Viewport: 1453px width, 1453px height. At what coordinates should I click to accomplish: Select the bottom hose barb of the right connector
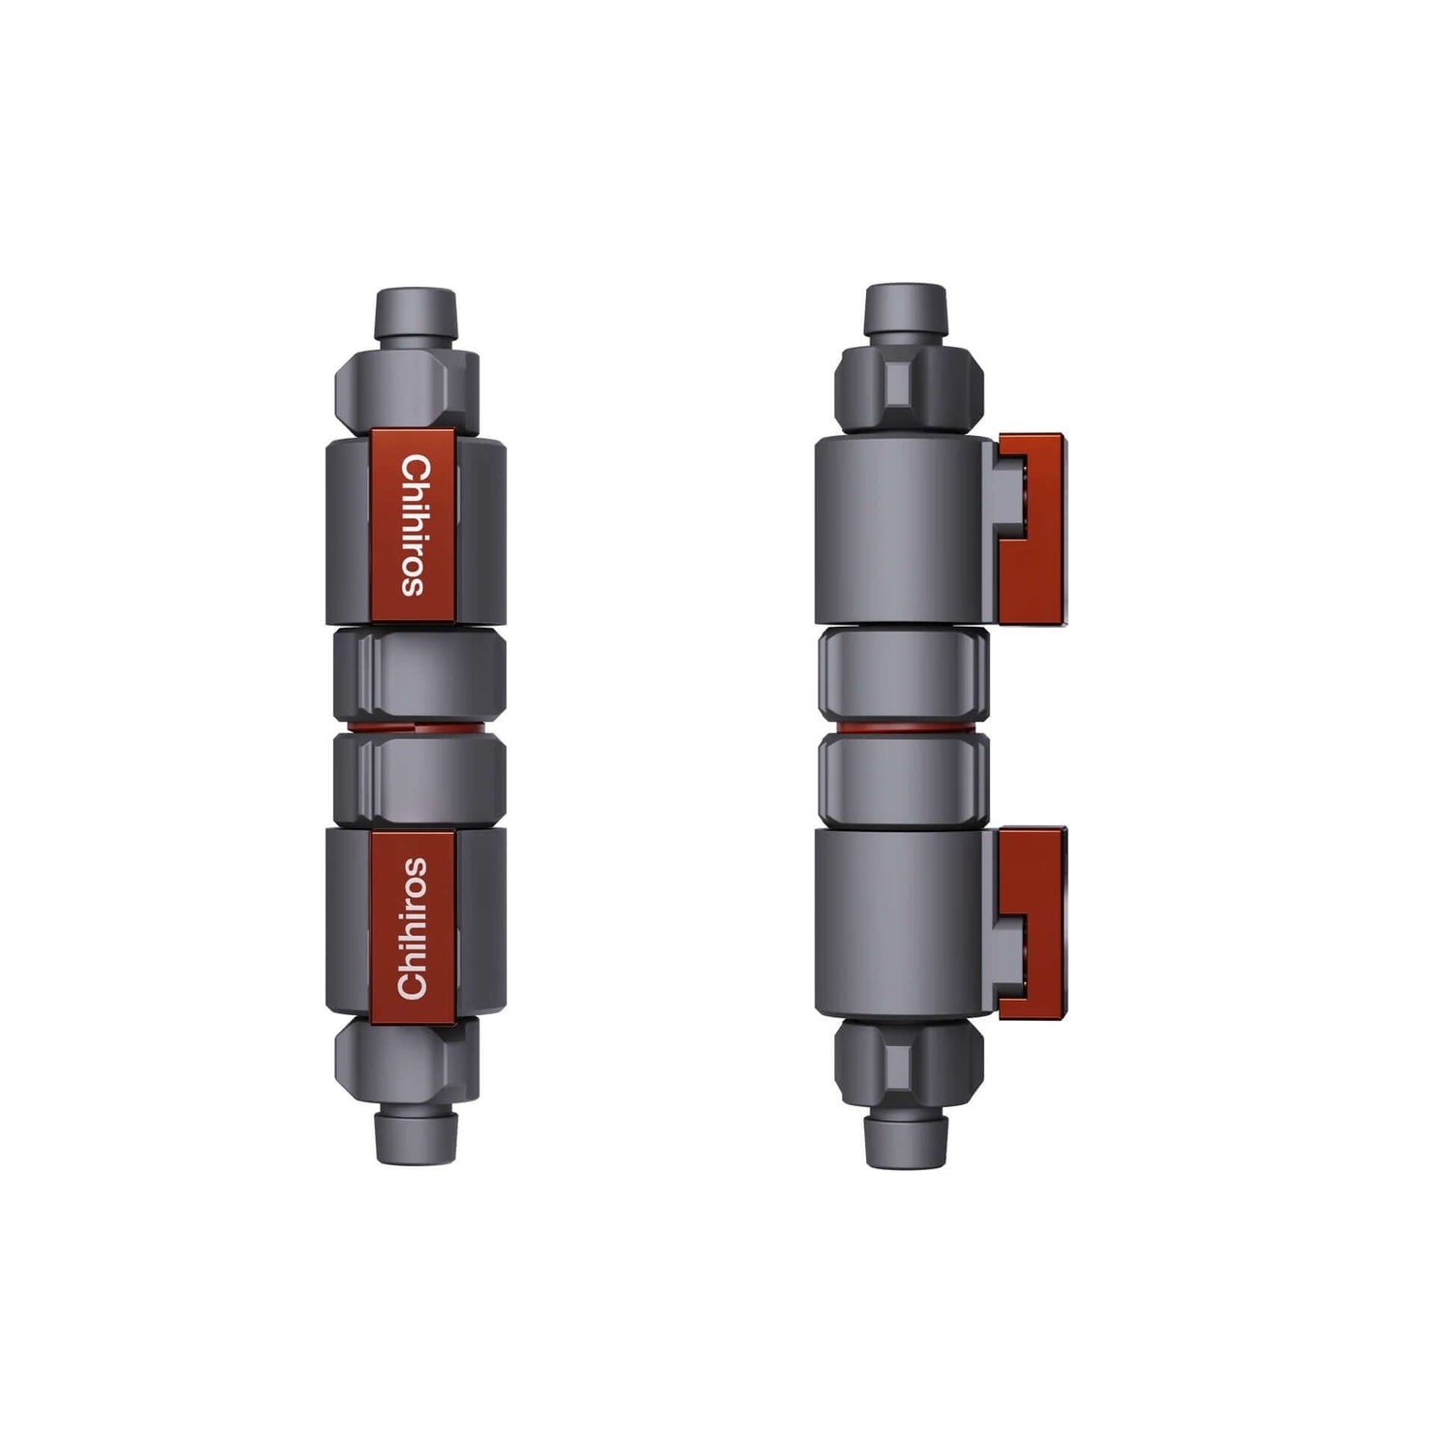(x=905, y=1137)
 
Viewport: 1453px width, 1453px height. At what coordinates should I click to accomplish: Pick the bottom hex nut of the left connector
(x=407, y=1061)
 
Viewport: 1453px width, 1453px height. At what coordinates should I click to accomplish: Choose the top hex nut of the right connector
(x=905, y=386)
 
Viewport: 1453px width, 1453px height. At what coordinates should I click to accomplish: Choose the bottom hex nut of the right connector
(x=905, y=1063)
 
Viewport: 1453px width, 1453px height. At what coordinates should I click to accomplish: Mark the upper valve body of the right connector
(x=901, y=528)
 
